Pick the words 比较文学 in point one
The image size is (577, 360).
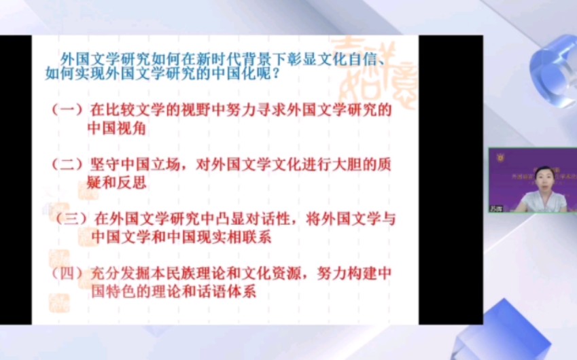coord(136,109)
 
